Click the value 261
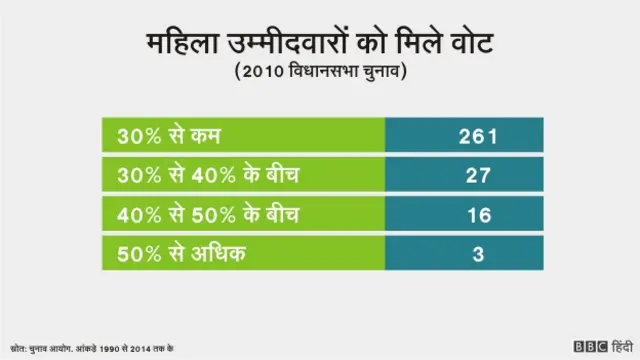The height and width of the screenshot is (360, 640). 478,136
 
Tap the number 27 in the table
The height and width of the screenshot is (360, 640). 478,176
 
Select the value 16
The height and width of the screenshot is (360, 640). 478,215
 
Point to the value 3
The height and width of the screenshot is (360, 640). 478,255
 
